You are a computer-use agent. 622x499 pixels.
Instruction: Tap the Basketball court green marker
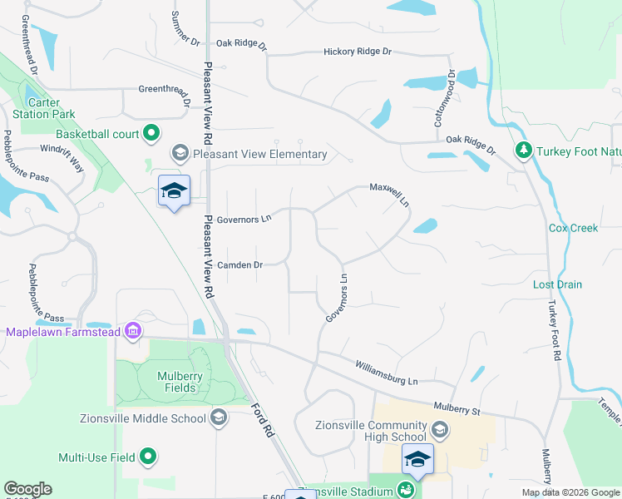point(151,133)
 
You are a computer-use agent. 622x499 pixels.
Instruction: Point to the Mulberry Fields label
point(180,382)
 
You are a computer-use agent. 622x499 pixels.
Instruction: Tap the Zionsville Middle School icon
point(219,417)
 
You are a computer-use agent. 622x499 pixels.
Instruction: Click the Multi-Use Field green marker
point(148,457)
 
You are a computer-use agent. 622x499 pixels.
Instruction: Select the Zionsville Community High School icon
point(440,430)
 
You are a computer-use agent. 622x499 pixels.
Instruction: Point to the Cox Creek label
point(573,228)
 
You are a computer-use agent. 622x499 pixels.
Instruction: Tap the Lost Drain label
point(557,284)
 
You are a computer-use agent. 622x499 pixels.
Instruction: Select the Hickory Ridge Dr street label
point(357,52)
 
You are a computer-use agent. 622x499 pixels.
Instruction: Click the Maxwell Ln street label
point(390,196)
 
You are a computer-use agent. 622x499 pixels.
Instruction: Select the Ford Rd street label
point(262,420)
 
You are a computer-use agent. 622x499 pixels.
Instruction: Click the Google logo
point(27,489)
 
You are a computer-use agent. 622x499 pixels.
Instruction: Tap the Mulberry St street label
point(457,408)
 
